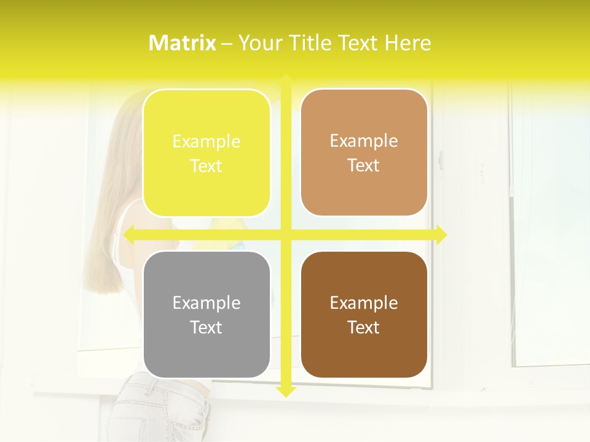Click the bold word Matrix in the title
coord(183,42)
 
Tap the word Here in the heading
coord(407,42)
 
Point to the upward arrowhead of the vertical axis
coord(285,79)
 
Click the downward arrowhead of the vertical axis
coord(285,391)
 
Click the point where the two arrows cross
coord(285,235)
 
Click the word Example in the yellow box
coord(206,142)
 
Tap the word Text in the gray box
coord(206,327)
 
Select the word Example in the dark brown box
coord(364,303)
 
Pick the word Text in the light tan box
coord(364,166)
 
